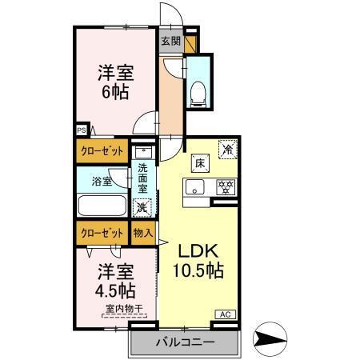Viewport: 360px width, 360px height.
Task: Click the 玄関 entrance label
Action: (170, 42)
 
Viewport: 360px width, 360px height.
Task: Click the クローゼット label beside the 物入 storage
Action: (102, 234)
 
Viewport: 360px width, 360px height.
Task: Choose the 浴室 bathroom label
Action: (101, 182)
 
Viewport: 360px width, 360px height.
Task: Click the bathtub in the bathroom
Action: (102, 205)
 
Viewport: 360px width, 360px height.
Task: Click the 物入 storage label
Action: (142, 234)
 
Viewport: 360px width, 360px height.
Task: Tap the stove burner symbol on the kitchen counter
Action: (226, 189)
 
